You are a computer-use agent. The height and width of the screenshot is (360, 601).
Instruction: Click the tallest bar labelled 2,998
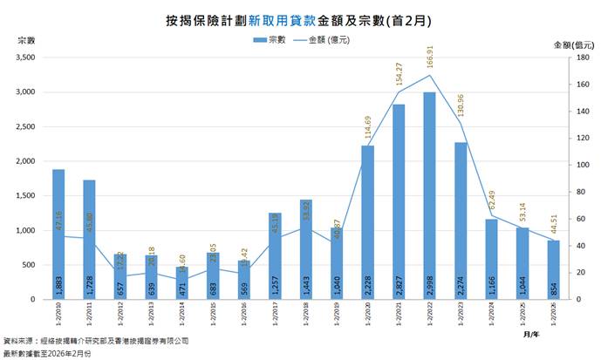(x=429, y=196)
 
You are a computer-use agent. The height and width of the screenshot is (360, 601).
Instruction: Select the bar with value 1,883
(x=58, y=234)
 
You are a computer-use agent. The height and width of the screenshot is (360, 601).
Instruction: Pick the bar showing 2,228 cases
(x=367, y=222)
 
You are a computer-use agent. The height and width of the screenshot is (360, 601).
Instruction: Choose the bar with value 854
(x=553, y=270)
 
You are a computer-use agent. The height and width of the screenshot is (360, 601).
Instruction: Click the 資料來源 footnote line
(x=96, y=343)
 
